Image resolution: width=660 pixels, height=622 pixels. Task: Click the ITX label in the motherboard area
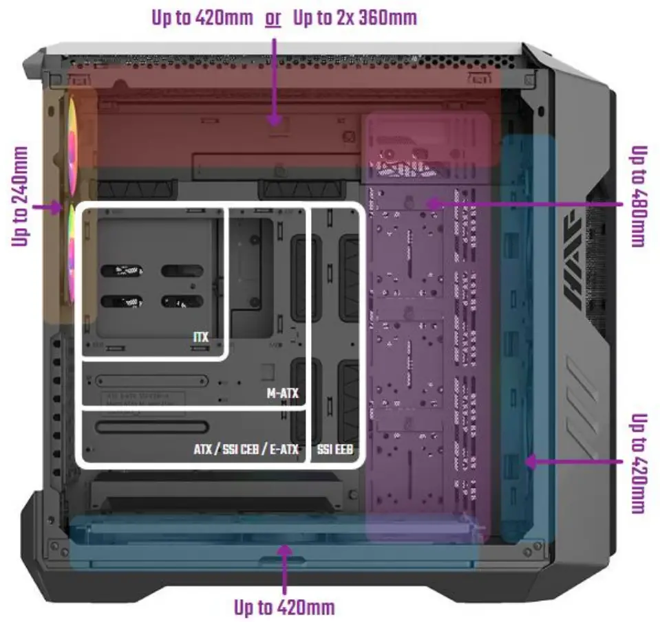[x=201, y=337]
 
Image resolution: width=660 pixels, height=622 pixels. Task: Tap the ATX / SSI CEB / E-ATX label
[x=246, y=451]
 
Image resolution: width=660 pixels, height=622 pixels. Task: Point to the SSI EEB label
[x=335, y=451]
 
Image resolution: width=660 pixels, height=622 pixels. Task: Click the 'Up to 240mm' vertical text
[x=20, y=196]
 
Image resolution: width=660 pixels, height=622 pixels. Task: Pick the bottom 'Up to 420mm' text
[x=284, y=608]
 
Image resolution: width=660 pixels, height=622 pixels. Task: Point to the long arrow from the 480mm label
[x=523, y=203]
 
